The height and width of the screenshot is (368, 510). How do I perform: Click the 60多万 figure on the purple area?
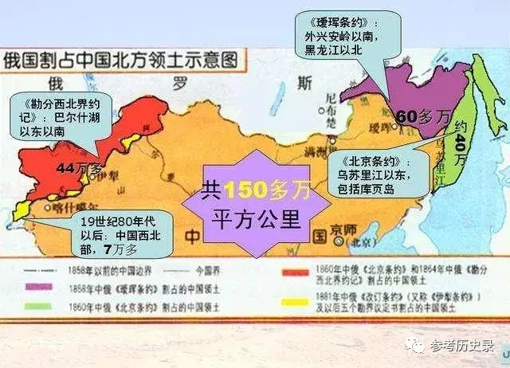422,117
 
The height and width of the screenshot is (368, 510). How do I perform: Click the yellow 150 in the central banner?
239,189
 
